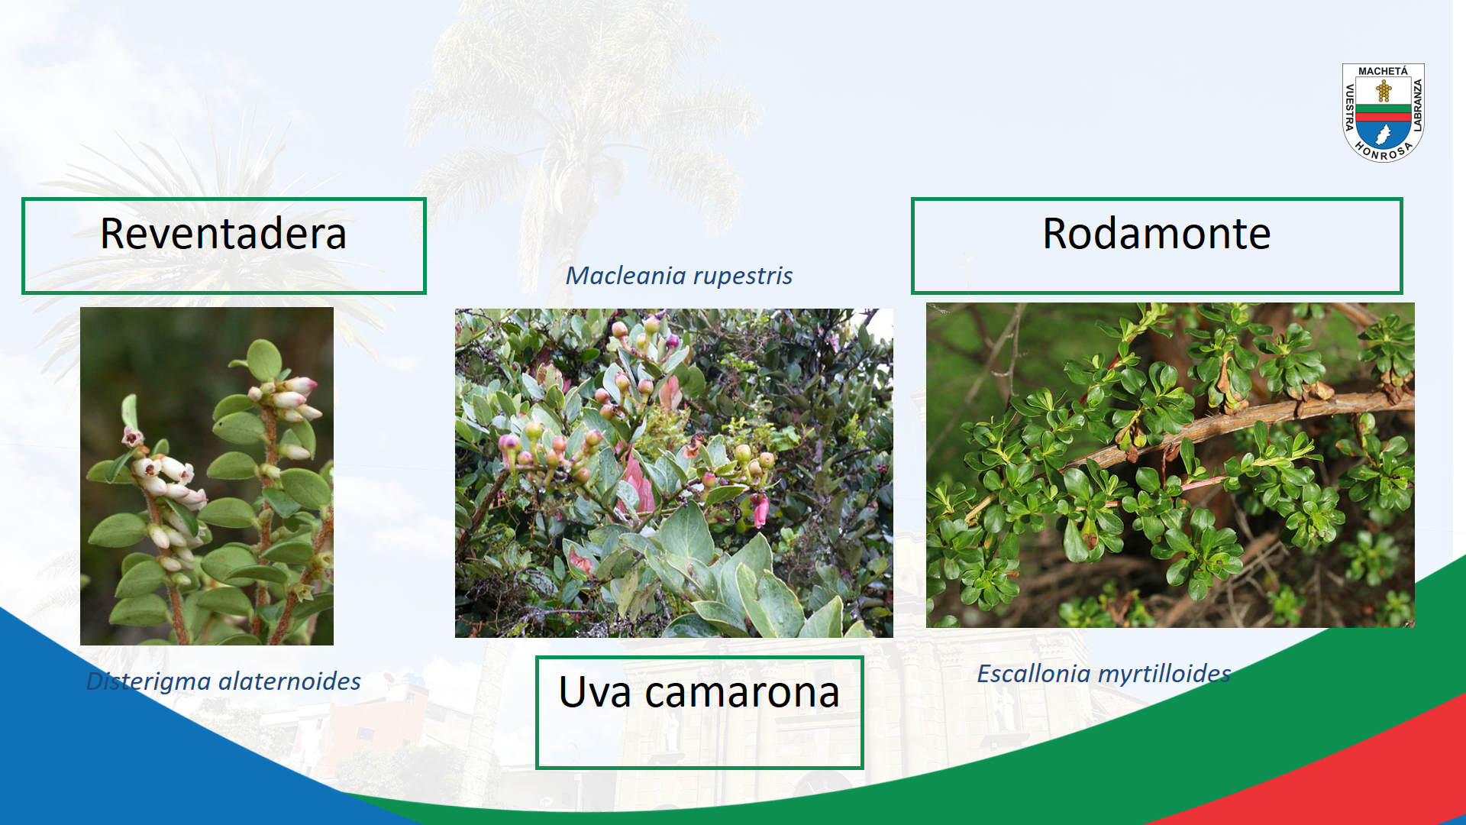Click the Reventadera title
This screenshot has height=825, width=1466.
[223, 234]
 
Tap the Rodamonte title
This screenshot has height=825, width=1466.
[1157, 234]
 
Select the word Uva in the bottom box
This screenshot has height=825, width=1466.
[595, 692]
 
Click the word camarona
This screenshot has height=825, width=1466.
[742, 694]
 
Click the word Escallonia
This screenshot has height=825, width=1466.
[1034, 674]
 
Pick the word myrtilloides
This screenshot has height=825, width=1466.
[1164, 675]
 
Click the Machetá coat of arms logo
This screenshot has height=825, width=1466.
[1384, 112]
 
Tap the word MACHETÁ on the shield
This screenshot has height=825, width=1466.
[1383, 71]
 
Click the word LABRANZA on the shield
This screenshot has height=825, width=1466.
[1418, 105]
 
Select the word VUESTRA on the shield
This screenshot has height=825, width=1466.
[1349, 108]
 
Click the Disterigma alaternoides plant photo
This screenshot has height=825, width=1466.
[207, 476]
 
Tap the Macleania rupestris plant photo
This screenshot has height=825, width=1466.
[674, 473]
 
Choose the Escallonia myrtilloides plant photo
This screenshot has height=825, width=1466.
[1171, 465]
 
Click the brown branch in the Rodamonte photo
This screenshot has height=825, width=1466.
[1222, 428]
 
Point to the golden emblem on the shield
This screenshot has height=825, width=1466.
[1384, 92]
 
